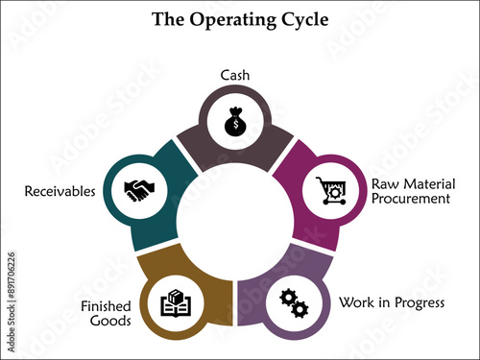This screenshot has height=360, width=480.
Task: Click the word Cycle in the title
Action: [x=300, y=18]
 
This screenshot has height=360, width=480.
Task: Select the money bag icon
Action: [x=234, y=123]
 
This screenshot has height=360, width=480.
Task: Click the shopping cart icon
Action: [x=329, y=191]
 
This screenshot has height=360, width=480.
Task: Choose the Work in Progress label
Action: [x=391, y=302]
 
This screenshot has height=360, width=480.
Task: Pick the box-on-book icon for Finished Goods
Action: [x=177, y=302]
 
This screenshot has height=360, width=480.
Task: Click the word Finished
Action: [x=104, y=307]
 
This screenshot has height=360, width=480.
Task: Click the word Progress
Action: [x=417, y=302]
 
